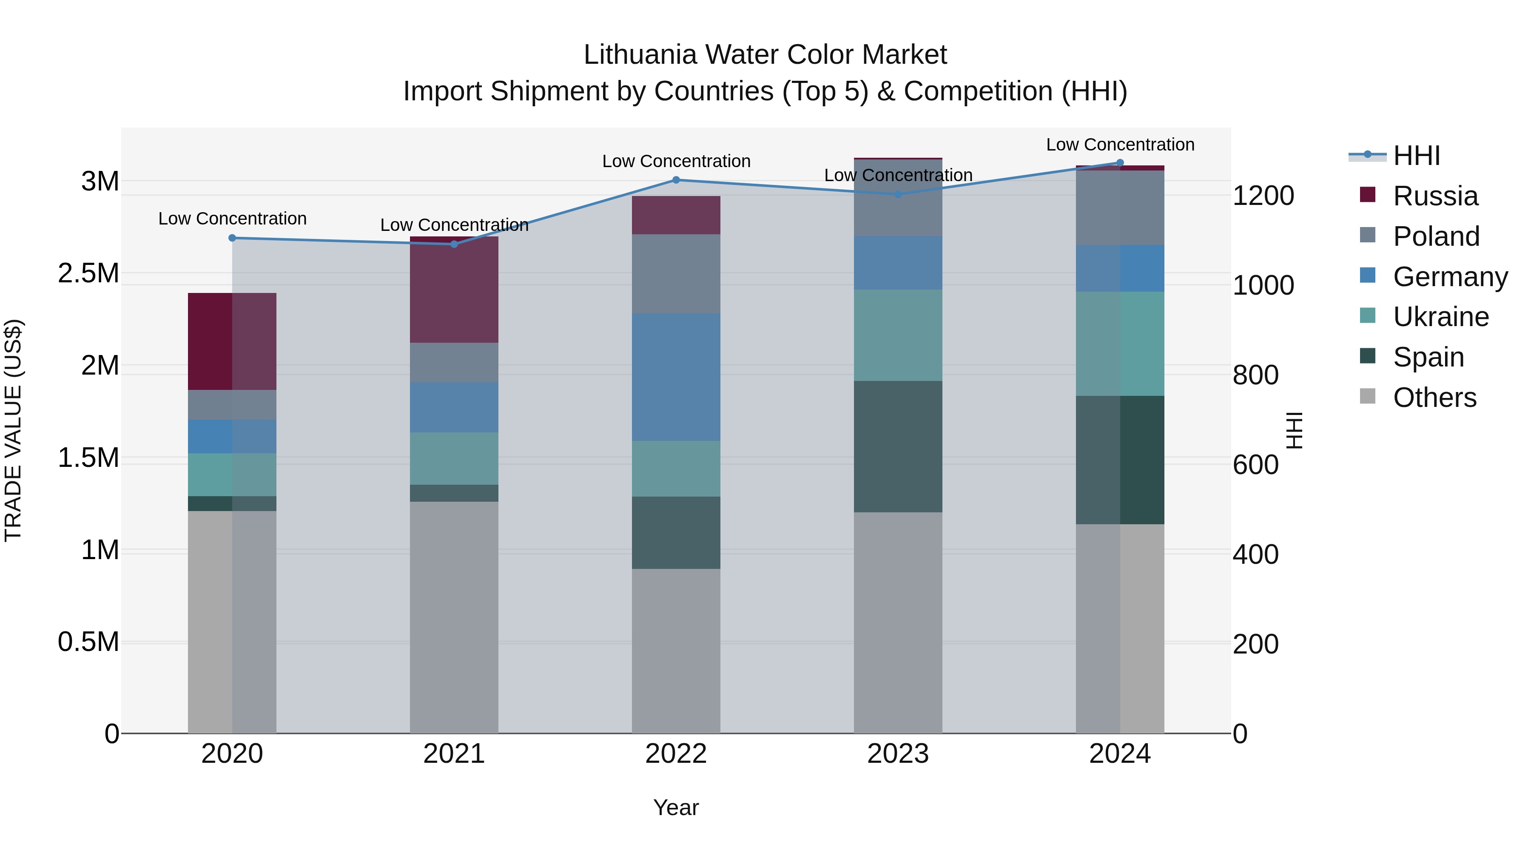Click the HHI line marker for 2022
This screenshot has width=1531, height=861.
click(676, 180)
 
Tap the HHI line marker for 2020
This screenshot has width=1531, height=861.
click(232, 238)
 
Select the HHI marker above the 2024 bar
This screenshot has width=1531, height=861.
click(1120, 163)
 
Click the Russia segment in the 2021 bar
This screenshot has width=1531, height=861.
click(454, 290)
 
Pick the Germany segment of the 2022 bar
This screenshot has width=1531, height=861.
click(676, 377)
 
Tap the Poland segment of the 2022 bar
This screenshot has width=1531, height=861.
click(676, 274)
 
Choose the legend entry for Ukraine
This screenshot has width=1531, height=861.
click(1441, 317)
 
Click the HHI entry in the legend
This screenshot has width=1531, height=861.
click(1416, 156)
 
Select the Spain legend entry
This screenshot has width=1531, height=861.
click(1428, 357)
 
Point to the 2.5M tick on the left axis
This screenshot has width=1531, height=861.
click(88, 273)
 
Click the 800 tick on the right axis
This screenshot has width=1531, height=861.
click(1255, 375)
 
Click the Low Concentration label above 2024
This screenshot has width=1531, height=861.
click(1120, 145)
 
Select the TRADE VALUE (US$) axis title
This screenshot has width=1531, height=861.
click(13, 430)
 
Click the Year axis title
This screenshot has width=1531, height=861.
click(676, 807)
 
